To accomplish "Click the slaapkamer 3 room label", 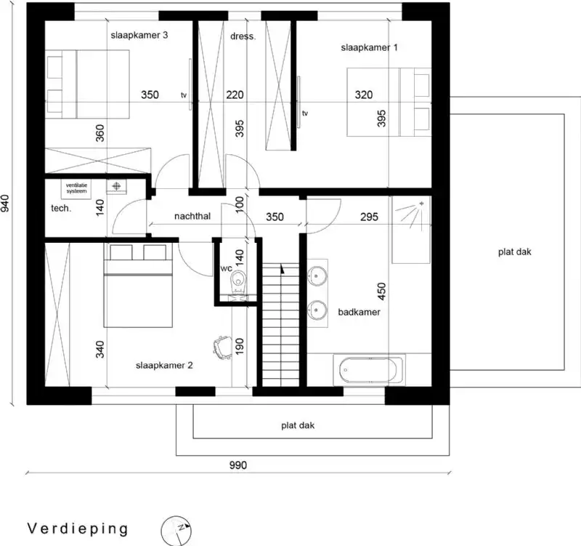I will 140,35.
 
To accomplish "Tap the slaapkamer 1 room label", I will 370,47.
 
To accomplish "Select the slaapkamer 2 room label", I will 164,366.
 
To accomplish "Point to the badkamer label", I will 359,312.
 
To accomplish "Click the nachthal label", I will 192,217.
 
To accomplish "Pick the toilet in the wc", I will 237,283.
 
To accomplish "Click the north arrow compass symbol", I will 178,529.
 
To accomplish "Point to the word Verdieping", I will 78,528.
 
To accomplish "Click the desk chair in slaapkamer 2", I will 222,345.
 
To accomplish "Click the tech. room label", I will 60,209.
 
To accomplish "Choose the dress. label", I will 243,36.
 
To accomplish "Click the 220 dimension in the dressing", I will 235,95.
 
